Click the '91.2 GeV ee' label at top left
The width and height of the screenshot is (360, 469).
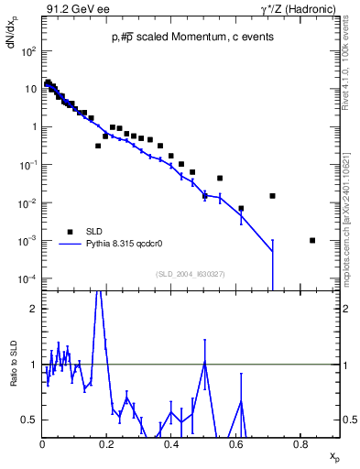75,10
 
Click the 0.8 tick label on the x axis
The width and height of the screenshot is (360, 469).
300,444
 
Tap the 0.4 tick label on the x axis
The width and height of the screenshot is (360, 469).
171,444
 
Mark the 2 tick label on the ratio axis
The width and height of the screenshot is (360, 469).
33,309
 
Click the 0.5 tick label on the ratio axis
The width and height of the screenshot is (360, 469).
29,420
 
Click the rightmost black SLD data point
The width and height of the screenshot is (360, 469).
312,240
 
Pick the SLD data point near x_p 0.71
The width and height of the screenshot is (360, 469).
272,196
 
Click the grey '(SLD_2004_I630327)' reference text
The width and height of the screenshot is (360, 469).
191,274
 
